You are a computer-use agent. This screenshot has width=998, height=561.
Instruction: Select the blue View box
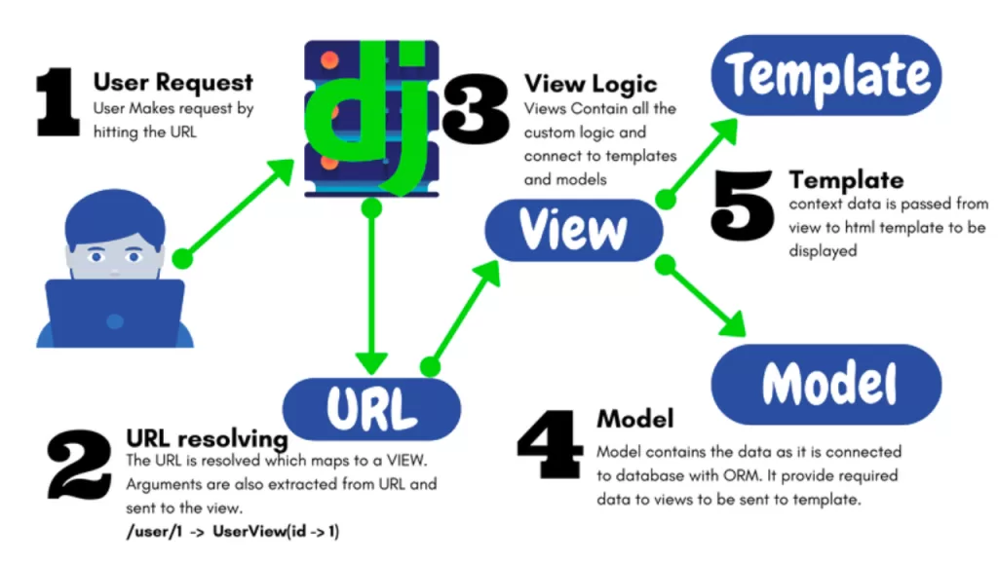(x=573, y=230)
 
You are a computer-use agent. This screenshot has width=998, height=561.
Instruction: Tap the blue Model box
(x=827, y=383)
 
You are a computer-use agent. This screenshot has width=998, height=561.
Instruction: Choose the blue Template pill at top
(x=825, y=75)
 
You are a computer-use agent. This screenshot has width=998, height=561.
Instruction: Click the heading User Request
(x=173, y=82)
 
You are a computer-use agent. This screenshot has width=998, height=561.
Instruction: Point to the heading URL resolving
(x=207, y=438)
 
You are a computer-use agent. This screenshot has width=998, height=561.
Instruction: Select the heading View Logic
(x=591, y=83)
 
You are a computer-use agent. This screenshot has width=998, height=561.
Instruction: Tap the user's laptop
(x=115, y=312)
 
